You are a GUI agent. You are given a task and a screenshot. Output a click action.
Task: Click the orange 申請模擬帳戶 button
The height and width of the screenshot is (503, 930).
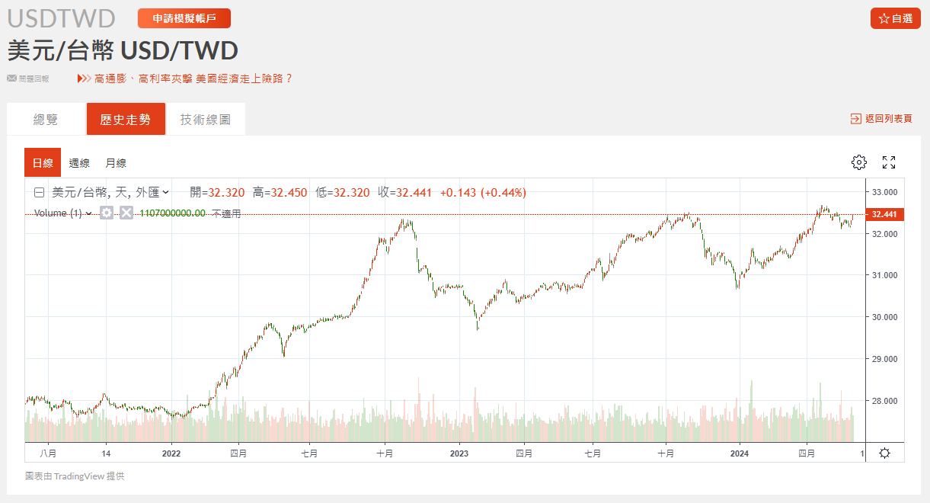coord(184,18)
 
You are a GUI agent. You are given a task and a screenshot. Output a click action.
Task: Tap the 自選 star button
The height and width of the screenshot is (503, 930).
coord(895,18)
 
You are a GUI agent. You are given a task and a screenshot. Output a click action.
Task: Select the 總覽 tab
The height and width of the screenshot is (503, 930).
coord(46,120)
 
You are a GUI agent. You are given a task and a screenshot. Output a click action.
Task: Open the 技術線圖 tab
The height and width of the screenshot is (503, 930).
coord(205,120)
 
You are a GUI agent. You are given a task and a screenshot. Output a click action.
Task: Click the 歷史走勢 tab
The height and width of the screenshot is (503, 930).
coord(126,120)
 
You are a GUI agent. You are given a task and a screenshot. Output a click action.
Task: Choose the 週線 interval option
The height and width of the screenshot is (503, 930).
coord(79,162)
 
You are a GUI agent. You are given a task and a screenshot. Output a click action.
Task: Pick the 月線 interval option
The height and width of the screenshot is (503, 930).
coord(116,162)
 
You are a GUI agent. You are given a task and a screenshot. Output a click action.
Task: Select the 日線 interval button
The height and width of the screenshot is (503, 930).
coord(43,162)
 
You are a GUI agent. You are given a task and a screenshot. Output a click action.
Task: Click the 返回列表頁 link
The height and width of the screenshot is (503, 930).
coord(882,119)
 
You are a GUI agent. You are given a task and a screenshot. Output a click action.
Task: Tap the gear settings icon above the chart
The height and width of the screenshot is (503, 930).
coord(859,162)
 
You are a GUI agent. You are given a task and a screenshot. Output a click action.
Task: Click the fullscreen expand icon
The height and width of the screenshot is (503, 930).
coord(889,162)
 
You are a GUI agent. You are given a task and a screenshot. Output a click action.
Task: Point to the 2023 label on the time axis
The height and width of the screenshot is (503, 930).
coord(459,453)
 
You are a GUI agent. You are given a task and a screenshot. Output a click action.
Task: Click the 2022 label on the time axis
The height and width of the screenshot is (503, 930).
coord(171,453)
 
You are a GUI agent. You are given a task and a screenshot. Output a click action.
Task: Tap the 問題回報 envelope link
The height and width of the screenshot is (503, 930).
coord(28,78)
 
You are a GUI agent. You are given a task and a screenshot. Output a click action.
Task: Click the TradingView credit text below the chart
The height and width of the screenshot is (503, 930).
coord(75,476)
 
